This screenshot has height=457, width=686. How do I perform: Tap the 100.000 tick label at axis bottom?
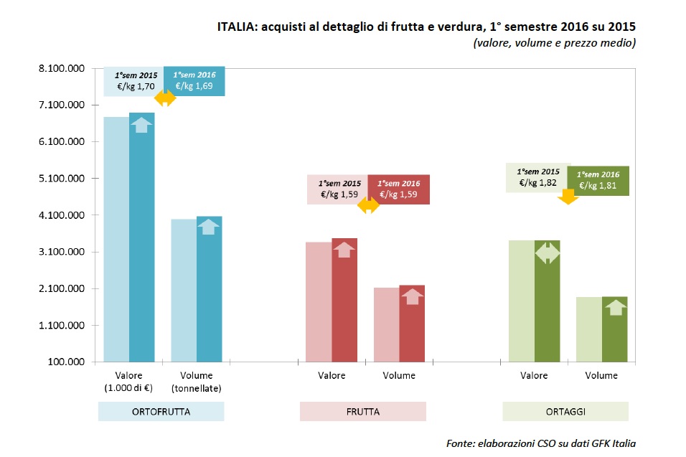[67, 362]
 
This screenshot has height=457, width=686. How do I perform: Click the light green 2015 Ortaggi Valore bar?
[521, 301]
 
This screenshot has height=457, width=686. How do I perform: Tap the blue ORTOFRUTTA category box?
[161, 412]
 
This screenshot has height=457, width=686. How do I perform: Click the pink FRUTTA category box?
[362, 412]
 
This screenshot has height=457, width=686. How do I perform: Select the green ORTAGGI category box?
[565, 412]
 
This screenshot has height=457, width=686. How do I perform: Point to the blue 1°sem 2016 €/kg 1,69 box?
[194, 81]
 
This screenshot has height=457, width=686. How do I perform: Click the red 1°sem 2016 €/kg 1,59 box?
[398, 189]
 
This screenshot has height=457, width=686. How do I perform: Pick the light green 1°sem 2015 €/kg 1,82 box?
[538, 179]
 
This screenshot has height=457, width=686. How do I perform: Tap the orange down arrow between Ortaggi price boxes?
[568, 197]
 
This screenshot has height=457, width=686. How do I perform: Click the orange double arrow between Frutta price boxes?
[368, 205]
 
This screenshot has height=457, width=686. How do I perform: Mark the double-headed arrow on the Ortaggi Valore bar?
[548, 253]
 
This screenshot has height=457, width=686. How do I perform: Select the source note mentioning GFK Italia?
[540, 443]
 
